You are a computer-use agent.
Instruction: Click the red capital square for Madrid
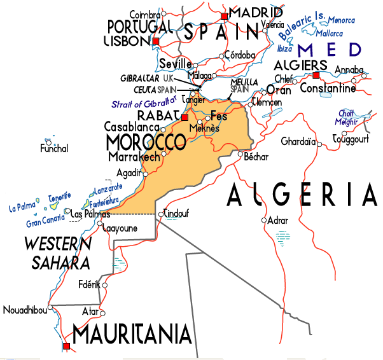pos(223,16)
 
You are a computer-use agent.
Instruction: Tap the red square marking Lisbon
pos(156,41)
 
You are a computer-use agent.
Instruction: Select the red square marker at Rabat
pos(185,118)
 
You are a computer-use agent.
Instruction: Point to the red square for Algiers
pos(316,75)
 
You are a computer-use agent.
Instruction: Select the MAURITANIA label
pos(132,334)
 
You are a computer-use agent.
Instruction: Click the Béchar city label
pos(256,156)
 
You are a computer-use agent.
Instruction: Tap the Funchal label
pos(53,149)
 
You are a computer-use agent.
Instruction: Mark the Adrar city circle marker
pos(264,220)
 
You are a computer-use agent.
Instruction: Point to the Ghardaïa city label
pos(298,141)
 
